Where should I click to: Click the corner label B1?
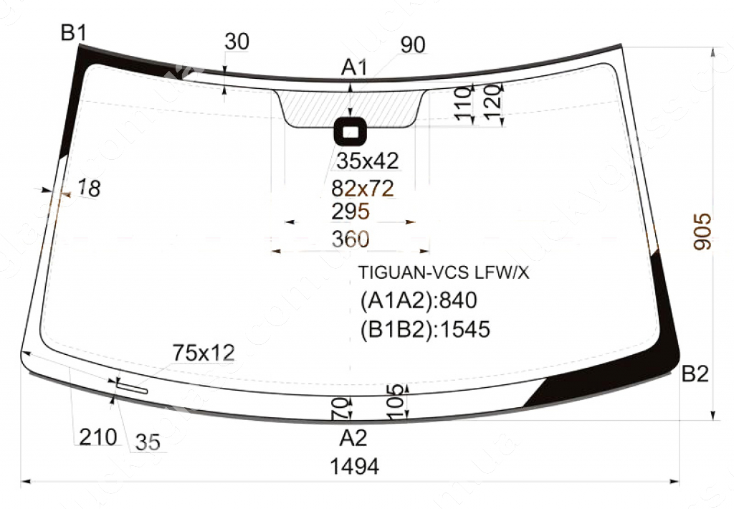(x=74, y=32)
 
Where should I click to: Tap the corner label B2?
(x=695, y=374)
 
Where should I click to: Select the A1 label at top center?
(x=353, y=68)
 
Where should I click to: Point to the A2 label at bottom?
(x=353, y=437)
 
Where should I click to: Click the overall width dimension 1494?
(x=354, y=467)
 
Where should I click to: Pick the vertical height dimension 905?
(x=704, y=231)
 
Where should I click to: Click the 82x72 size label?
(x=363, y=189)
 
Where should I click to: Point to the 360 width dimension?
(x=350, y=239)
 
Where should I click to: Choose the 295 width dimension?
(x=350, y=212)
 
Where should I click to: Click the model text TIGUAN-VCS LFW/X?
(x=444, y=273)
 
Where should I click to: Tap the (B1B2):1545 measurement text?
(x=424, y=329)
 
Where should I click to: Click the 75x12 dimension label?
(x=204, y=353)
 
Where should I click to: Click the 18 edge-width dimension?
(x=89, y=189)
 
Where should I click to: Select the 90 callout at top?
(x=413, y=45)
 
